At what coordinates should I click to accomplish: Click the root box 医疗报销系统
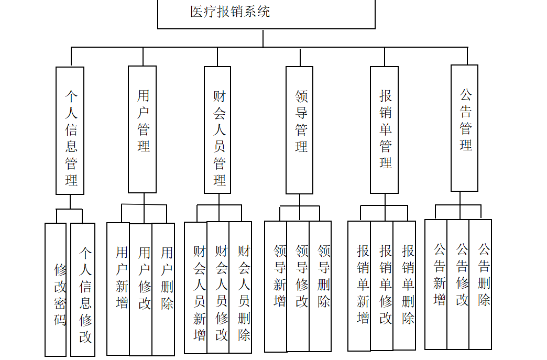[266, 14]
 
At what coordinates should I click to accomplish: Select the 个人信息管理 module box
[70, 130]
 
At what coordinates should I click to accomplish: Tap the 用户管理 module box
[143, 129]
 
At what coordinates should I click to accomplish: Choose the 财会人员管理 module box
[217, 130]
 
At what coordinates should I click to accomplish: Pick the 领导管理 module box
[299, 130]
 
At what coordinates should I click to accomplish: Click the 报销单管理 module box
[384, 130]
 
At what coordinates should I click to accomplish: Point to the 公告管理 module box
[464, 128]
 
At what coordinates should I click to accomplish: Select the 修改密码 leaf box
[56, 290]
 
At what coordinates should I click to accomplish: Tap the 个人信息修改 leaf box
[83, 290]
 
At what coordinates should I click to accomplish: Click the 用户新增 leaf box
[118, 289]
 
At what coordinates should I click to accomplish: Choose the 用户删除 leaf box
[163, 289]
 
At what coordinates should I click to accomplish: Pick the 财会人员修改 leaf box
[218, 287]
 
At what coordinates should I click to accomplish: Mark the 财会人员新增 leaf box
[195, 287]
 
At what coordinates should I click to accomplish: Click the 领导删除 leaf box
[320, 286]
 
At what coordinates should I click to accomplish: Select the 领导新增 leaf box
[276, 286]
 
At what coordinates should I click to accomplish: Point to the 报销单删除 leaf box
[404, 285]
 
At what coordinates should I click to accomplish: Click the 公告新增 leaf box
[436, 284]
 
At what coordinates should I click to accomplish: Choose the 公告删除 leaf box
[480, 284]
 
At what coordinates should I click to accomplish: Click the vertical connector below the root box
[263, 38]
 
